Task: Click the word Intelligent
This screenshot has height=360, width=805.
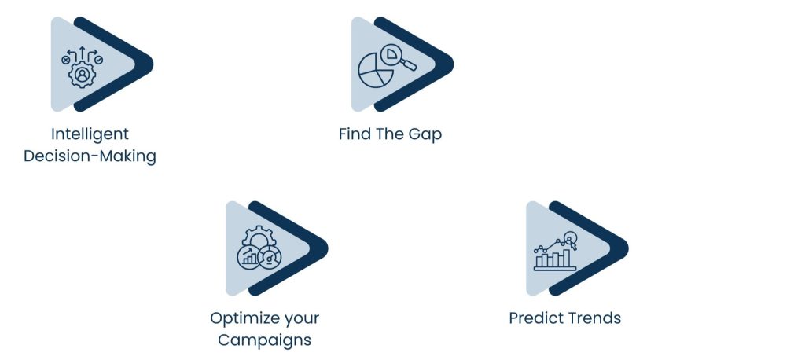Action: pos(90,134)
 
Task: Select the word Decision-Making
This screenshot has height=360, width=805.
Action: pos(90,156)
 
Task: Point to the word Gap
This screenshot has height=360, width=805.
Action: pos(425,134)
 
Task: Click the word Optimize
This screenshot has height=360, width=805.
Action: pos(242,318)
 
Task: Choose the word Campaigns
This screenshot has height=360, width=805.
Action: pos(264,340)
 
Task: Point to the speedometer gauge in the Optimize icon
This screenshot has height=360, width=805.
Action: pos(270,257)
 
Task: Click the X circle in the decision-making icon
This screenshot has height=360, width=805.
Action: pos(65,60)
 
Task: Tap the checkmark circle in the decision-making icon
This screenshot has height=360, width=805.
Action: pos(98,60)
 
